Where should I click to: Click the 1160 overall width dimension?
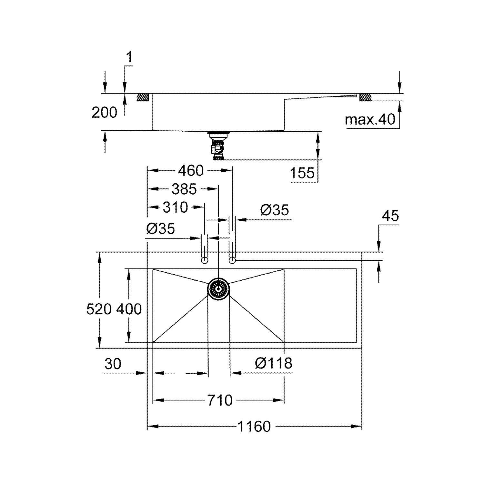click(254, 427)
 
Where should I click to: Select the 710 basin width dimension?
click(220, 400)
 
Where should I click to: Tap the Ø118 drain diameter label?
click(273, 363)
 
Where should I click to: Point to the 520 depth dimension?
click(99, 309)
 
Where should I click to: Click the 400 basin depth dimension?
click(129, 309)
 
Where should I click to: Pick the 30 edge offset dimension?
click(113, 364)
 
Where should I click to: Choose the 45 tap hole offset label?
click(390, 216)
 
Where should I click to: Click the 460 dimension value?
click(191, 171)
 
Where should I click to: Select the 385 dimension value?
click(184, 189)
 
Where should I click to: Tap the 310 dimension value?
click(175, 207)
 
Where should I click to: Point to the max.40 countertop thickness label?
click(370, 120)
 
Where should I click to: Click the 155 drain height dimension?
click(302, 173)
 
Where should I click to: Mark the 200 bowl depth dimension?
click(104, 113)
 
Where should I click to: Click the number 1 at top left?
click(129, 58)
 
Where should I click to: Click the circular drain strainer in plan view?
click(218, 288)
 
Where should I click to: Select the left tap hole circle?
click(204, 260)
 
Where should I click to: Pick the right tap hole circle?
click(232, 260)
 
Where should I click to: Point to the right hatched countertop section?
click(366, 97)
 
